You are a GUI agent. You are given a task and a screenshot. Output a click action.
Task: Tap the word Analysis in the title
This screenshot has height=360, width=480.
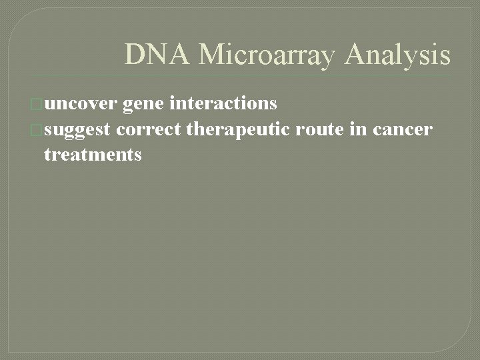[x=397, y=55]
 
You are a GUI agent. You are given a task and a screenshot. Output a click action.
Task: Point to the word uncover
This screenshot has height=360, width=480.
[x=81, y=103]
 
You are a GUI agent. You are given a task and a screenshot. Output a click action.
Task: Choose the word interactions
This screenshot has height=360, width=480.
[x=223, y=103]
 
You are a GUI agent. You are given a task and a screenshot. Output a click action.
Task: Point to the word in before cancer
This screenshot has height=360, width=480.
[x=359, y=129]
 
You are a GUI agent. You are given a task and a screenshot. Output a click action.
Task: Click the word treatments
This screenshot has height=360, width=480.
[x=93, y=155]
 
